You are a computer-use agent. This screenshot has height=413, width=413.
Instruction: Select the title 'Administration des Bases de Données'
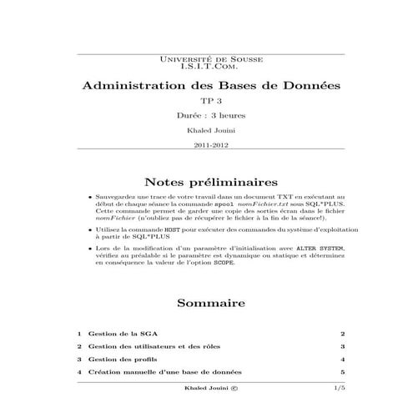pos(205,87)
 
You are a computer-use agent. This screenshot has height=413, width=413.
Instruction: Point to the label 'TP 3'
pos(205,102)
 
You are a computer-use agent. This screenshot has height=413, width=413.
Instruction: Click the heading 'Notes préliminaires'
pos(205,181)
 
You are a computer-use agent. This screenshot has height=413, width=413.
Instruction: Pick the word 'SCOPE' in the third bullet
pos(224,262)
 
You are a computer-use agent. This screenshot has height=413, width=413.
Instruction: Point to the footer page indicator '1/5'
pos(339,388)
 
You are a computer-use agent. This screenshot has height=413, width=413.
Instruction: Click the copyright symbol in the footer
pos(234,388)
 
